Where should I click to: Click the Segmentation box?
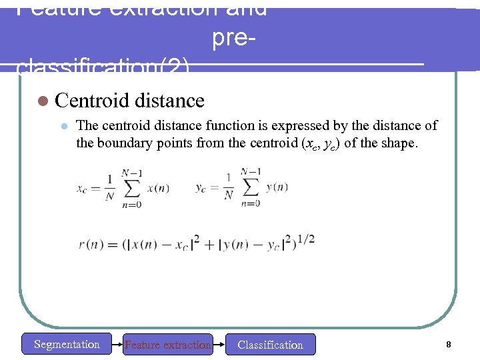67,344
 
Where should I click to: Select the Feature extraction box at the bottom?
168,345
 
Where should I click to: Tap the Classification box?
270,345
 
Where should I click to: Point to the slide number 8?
449,345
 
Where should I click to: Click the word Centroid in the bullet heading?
92,101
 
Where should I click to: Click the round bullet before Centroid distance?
43,101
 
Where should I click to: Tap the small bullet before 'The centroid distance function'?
64,126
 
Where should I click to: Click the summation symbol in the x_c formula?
131,188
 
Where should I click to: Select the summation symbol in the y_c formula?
251,187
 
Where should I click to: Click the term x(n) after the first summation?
158,188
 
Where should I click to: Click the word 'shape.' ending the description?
399,143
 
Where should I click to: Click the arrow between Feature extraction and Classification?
219,345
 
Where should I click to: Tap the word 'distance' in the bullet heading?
169,101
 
